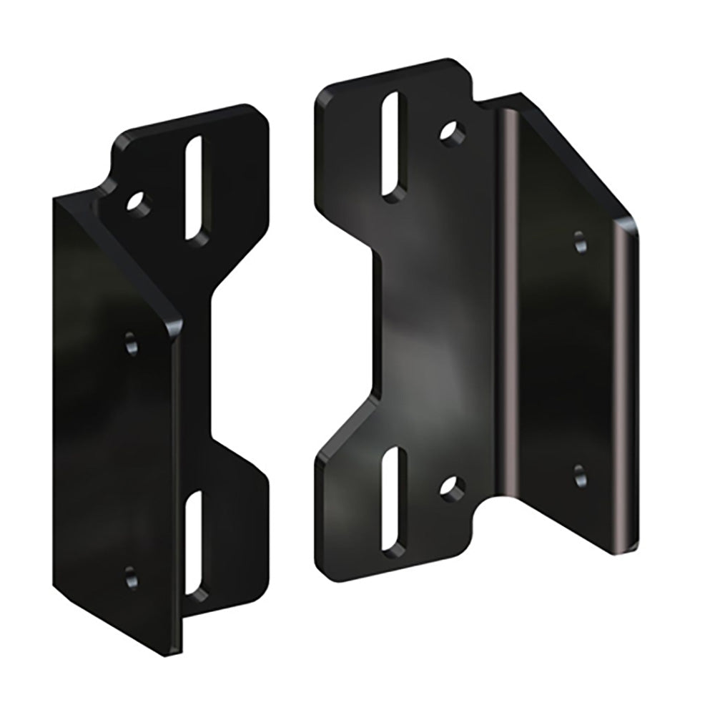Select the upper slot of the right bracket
[x=393, y=146]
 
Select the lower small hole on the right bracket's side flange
[x=580, y=473]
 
